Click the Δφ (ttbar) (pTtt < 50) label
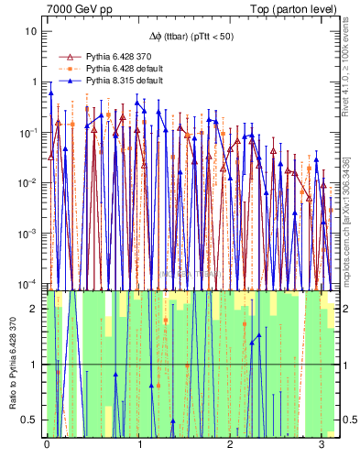[x=190, y=36]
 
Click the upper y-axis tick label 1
[x=35, y=82]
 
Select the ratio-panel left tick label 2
[x=35, y=309]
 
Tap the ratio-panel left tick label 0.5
[x=30, y=420]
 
